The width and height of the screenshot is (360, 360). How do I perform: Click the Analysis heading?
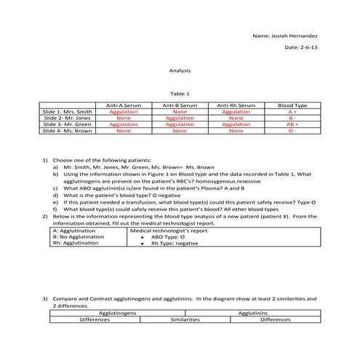tap(180, 71)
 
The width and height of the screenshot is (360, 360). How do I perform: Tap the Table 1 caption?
tap(180, 94)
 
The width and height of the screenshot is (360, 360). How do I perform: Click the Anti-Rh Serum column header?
tap(236, 105)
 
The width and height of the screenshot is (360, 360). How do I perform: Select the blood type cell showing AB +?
tap(292, 124)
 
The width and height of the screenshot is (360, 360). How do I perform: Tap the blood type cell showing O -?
tap(292, 131)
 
